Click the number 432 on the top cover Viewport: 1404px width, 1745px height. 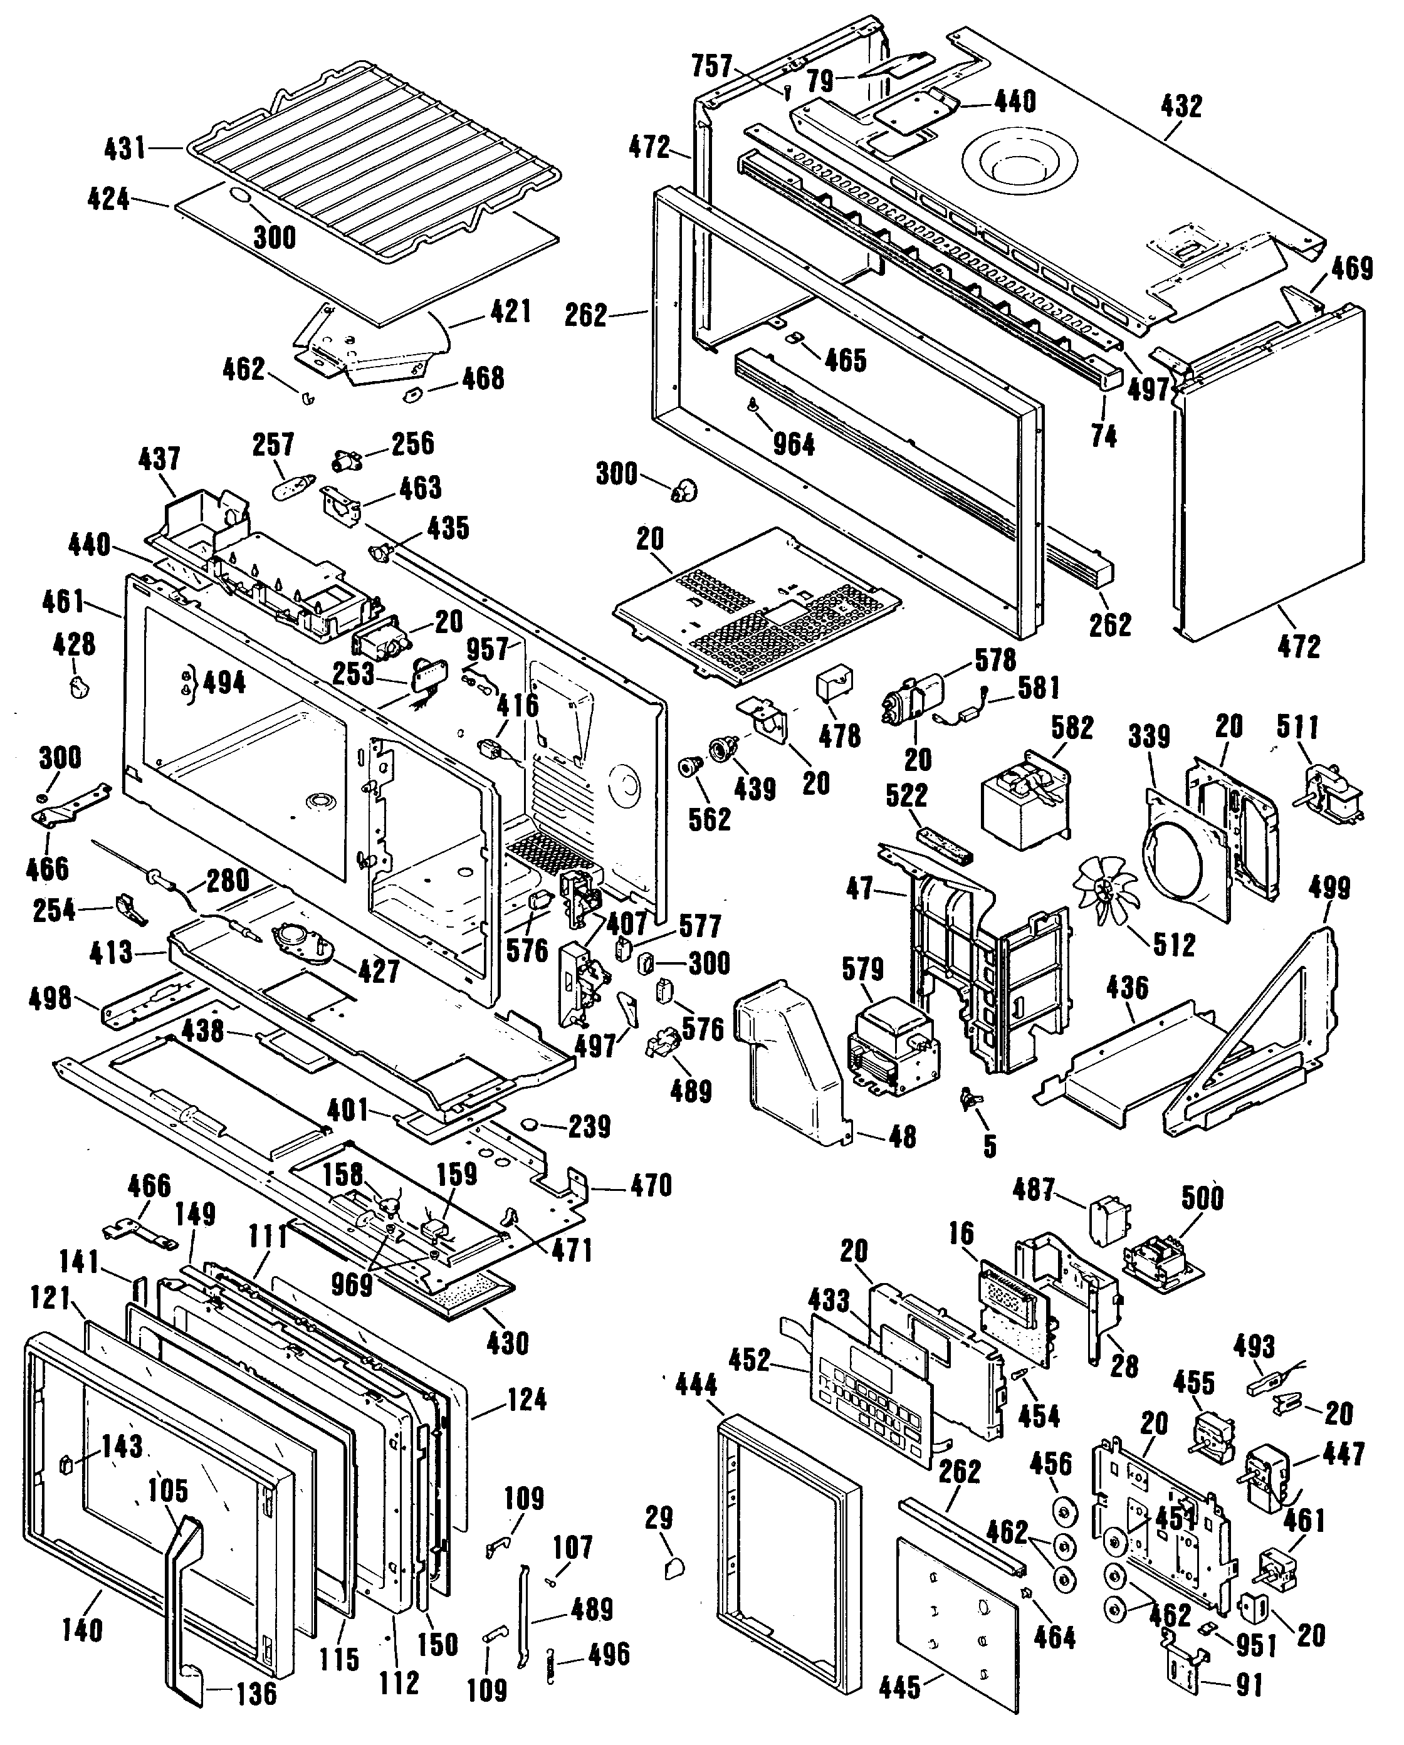1181,106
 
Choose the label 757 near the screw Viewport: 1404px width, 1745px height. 712,66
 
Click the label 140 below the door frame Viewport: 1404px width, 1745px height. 83,1629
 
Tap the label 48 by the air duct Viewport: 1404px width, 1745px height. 903,1136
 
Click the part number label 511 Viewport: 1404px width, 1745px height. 1298,727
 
